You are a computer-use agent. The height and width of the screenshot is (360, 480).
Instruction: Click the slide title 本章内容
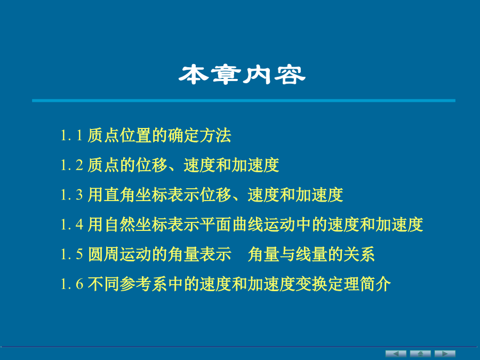(x=242, y=74)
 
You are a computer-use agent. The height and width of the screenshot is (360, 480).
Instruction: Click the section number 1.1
(x=71, y=135)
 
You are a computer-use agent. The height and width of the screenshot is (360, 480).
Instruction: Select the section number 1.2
(x=71, y=165)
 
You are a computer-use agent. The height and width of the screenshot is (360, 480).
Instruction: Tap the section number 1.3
(x=71, y=195)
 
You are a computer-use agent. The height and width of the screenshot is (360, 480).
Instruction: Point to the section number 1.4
(x=71, y=225)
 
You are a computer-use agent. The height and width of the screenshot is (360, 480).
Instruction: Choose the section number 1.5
(x=71, y=254)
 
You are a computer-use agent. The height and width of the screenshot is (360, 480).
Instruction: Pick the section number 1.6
(x=71, y=284)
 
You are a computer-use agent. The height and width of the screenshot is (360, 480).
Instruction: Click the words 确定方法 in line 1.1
(x=199, y=135)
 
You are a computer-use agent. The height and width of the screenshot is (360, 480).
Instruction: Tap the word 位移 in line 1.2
(x=151, y=165)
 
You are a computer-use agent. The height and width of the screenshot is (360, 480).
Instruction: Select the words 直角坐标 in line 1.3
(x=135, y=195)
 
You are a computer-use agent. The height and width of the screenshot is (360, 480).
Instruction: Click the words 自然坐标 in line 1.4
(x=135, y=225)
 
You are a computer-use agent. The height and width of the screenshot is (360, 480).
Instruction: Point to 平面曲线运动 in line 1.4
(x=247, y=225)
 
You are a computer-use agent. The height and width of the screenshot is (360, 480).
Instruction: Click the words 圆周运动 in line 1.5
(x=119, y=254)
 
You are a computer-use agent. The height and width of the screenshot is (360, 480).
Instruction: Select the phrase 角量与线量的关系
(x=311, y=254)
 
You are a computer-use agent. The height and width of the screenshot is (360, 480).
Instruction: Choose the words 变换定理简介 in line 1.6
(x=343, y=284)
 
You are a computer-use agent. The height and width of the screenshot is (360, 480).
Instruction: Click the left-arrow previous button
(x=396, y=354)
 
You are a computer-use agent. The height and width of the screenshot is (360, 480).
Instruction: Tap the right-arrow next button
(x=445, y=354)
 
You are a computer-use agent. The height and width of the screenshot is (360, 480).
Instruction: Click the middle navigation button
(x=420, y=354)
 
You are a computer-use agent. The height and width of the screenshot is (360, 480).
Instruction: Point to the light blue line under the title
(x=244, y=100)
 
